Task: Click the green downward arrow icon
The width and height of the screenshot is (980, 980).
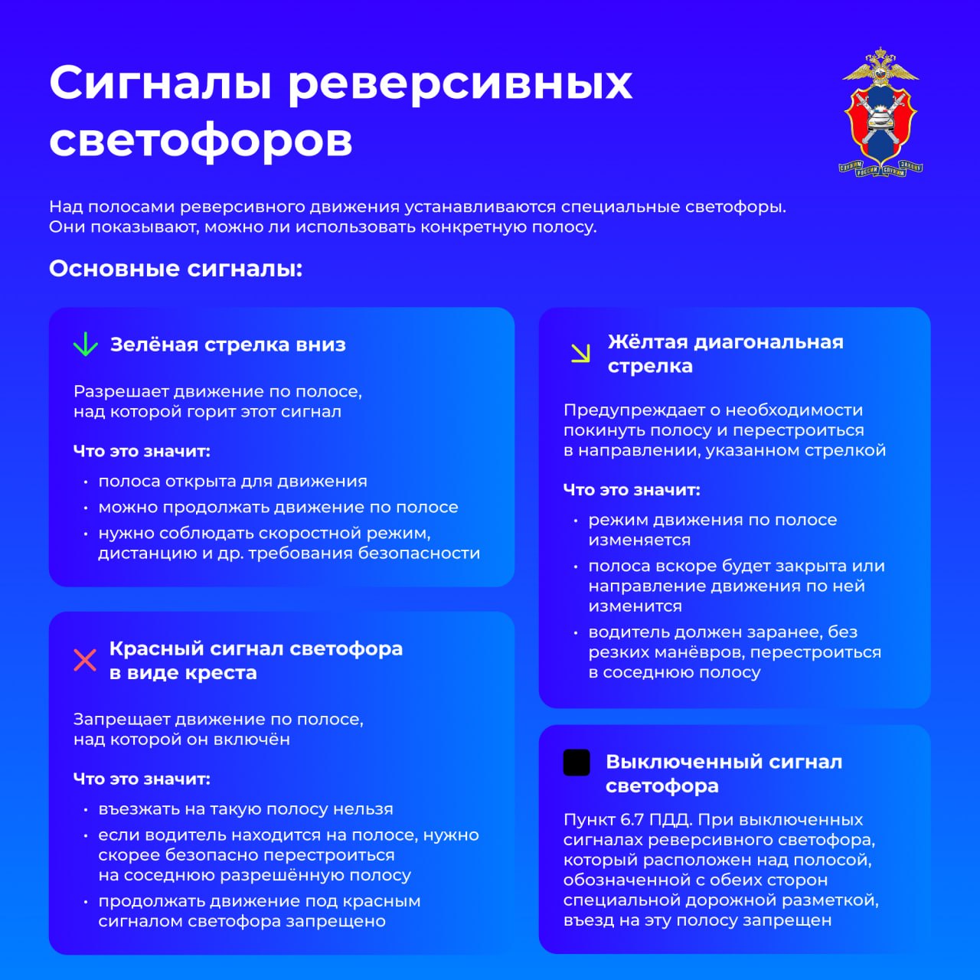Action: tap(85, 345)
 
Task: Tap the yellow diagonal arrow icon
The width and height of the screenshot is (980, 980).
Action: tap(581, 353)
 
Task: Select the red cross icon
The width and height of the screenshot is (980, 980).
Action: tap(85, 660)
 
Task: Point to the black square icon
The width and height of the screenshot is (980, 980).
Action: tap(577, 763)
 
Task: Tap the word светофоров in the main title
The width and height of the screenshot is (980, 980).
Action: tap(201, 140)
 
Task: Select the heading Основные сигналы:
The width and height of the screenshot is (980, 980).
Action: tap(176, 269)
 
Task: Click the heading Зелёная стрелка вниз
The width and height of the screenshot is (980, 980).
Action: tap(227, 345)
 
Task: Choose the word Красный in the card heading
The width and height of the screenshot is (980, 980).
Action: tap(156, 648)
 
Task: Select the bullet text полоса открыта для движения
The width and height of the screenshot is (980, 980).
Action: tap(233, 482)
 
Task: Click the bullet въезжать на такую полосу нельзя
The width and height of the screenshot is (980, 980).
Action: tap(245, 809)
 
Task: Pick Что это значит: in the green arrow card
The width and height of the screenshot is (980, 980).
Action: tap(142, 451)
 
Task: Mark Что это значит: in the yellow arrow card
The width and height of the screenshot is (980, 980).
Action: tap(632, 490)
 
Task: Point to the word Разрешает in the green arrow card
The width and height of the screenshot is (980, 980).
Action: tap(121, 392)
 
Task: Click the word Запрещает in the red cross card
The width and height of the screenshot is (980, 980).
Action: tap(122, 720)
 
